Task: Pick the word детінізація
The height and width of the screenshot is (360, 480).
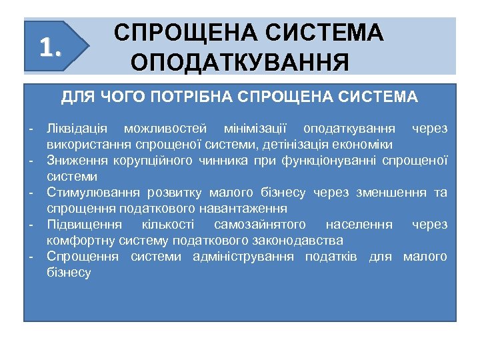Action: tap(295, 144)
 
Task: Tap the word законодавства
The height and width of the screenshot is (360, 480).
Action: tap(303, 241)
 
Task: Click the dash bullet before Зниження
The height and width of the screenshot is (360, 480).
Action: tap(31, 161)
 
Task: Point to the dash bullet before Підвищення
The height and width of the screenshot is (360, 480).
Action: tap(31, 225)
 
